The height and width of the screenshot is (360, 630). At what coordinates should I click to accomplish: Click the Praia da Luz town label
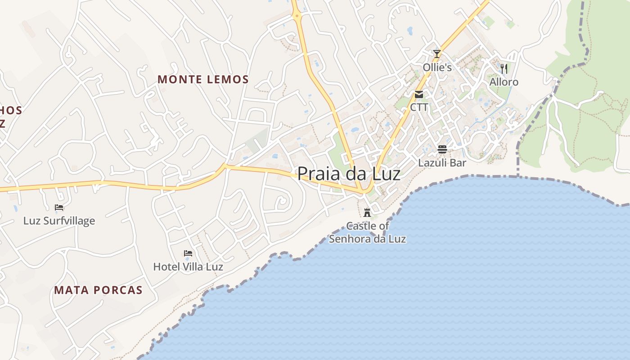pos(349,173)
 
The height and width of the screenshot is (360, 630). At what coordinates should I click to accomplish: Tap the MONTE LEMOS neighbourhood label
pos(203,80)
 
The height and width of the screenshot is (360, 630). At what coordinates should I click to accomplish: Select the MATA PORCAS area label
pos(98,290)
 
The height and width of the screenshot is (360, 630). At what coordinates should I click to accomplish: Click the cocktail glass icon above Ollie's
pos(436,54)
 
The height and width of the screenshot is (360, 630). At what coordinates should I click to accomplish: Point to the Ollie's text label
pos(437,67)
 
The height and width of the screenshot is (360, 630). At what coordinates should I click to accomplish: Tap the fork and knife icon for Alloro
pos(504,68)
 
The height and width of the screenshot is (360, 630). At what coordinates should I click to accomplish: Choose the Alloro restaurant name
pos(504,82)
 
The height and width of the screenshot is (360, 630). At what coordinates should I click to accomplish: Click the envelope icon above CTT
pos(419,94)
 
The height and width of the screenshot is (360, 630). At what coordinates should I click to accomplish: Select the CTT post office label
pos(419,108)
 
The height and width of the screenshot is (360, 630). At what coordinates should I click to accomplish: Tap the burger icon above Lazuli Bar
pos(442,149)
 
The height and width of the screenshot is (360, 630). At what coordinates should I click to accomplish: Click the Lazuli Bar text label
pos(442,162)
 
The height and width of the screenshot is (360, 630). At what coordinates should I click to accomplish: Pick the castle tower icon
pos(367,212)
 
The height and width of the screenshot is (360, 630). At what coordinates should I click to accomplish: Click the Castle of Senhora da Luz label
pos(367,232)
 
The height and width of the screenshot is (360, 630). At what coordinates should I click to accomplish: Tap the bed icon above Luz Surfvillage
pos(59,207)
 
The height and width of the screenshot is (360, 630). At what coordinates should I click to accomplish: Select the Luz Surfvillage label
pos(59,220)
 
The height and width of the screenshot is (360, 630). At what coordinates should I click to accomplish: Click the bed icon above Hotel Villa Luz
pos(188,253)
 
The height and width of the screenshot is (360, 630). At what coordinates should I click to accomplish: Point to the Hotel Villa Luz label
pos(188,266)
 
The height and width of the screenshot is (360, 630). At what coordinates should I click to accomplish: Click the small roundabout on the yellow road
pos(297,17)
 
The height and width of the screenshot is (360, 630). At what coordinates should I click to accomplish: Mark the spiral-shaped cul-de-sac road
pos(282,201)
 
